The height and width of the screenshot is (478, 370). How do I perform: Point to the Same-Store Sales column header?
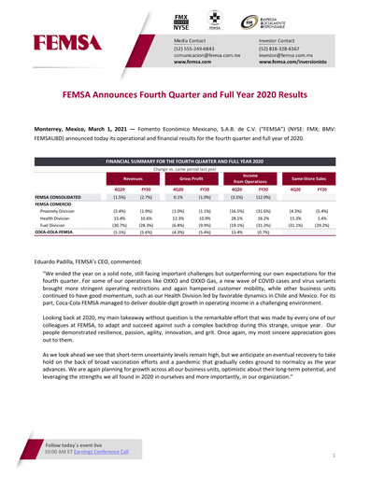pyautogui.click(x=307, y=176)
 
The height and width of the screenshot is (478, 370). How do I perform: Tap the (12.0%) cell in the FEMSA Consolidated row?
pyautogui.click(x=263, y=198)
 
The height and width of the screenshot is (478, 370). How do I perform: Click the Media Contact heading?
pyautogui.click(x=195, y=42)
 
